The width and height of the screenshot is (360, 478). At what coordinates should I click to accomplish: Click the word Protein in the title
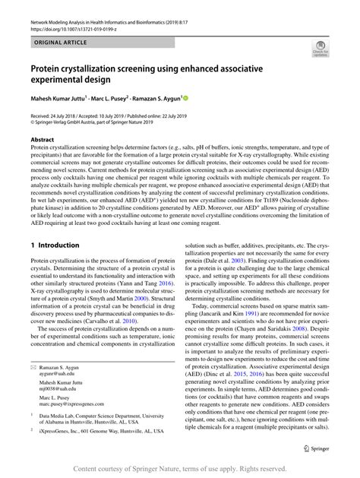click(51, 68)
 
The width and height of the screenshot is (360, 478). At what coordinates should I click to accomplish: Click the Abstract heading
click(43, 141)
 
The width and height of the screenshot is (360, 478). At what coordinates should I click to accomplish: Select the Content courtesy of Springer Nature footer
click(179, 470)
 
